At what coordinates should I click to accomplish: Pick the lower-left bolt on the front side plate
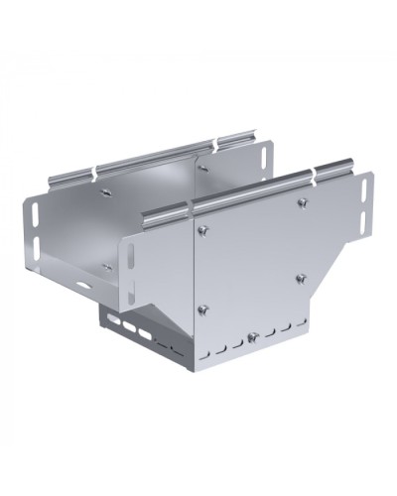[x=201, y=308]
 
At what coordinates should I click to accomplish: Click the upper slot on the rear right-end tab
[x=267, y=156]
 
